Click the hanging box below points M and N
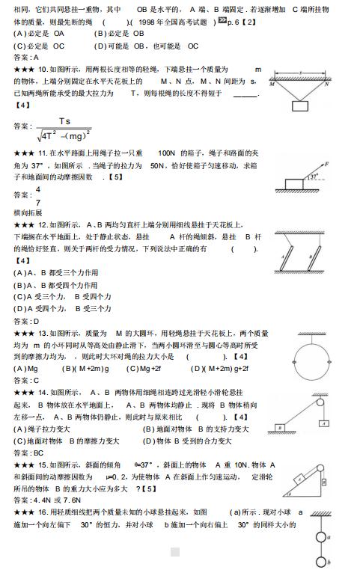[x=300, y=105]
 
